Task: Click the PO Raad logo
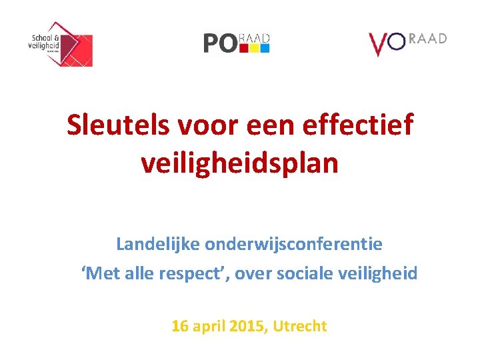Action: pos(237,43)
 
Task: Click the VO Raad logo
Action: pos(407,43)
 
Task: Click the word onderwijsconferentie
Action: pos(293,244)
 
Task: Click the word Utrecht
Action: pos(301,326)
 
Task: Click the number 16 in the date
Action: pos(179,326)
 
